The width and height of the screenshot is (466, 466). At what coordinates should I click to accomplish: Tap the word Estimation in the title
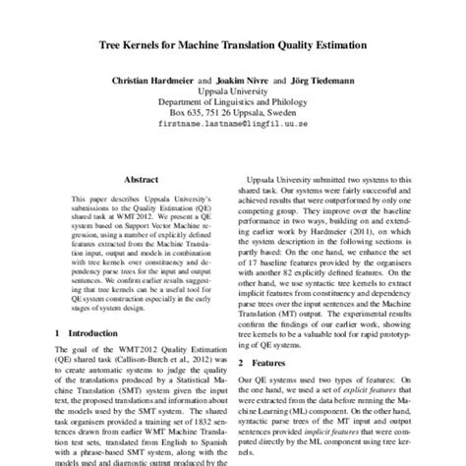pos(336,45)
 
